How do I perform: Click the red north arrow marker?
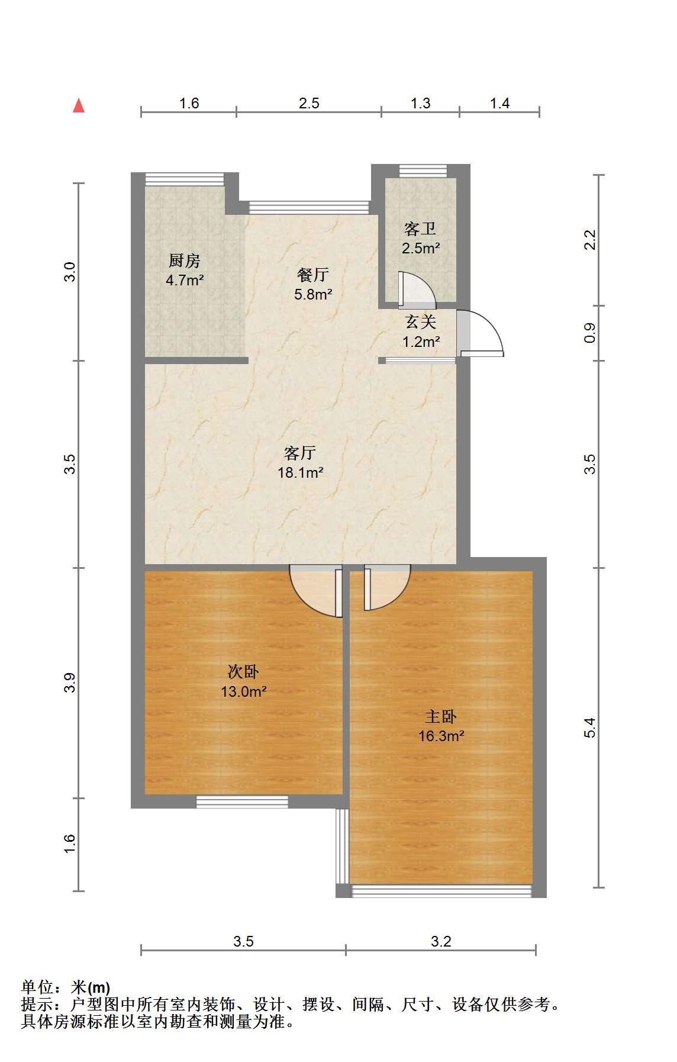coord(79,106)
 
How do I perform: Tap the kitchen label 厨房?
coord(185,260)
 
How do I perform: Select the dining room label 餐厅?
coord(313,275)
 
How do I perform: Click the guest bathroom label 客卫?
coord(420,229)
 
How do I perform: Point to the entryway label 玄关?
coord(421,322)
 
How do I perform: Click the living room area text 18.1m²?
coord(301,473)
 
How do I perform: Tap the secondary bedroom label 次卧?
coord(243,672)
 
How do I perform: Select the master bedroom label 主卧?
coord(441,717)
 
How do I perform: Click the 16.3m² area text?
coord(441,736)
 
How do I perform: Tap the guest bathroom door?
coord(417,290)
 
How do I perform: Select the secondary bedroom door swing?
coord(315,592)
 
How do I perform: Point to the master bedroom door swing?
coord(387,588)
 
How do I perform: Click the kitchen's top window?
coord(185,179)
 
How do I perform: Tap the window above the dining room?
coord(309,207)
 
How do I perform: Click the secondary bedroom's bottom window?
coord(242,802)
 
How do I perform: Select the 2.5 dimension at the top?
coord(309,104)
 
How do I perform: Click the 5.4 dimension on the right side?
coord(589,728)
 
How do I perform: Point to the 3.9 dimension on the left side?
coord(70,683)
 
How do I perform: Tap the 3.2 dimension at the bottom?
coord(441,941)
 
